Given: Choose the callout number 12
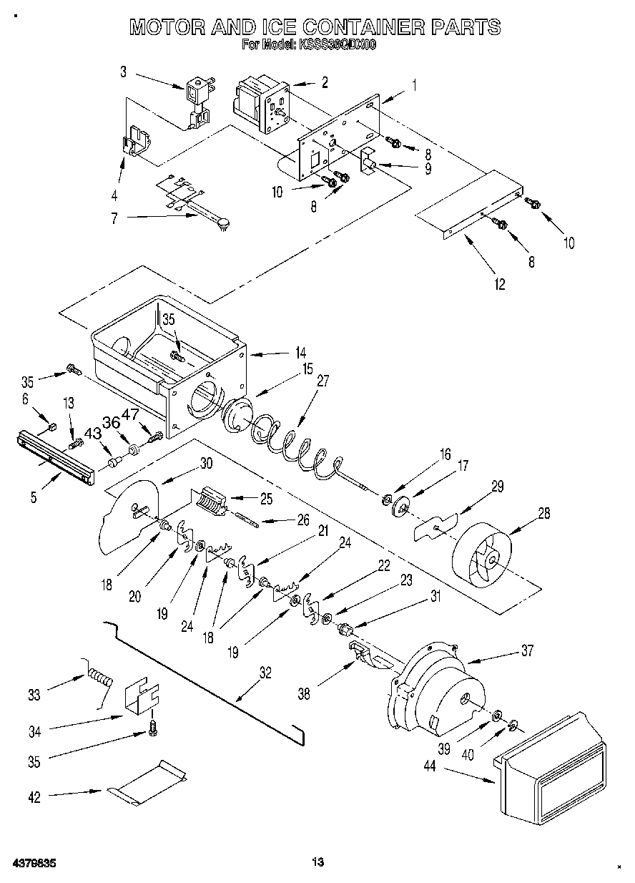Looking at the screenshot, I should [x=499, y=284].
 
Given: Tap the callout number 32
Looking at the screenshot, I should [x=265, y=672].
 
